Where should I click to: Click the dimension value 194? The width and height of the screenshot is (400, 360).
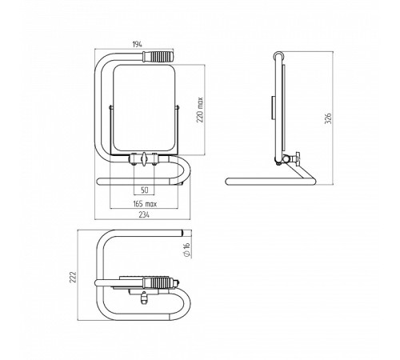pos(138,45)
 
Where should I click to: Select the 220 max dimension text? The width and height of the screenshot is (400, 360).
pos(200,110)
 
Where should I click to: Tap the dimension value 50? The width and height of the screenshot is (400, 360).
pos(144,190)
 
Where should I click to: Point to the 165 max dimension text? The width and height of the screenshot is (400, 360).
pos(145,204)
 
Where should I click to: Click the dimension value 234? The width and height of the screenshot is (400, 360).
pos(144,214)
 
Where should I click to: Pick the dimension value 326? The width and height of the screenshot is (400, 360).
pos(328,118)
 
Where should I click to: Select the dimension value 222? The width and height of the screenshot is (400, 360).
pos(73,277)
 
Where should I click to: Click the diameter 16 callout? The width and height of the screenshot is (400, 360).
pos(187,250)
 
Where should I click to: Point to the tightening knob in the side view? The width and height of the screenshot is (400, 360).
pos(297,159)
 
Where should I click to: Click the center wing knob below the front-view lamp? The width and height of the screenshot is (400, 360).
pos(144,159)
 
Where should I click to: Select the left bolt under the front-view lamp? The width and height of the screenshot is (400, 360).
pos(133,159)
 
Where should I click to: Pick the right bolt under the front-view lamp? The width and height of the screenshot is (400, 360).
pos(154,159)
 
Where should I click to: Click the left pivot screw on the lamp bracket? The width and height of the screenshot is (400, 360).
pos(111,107)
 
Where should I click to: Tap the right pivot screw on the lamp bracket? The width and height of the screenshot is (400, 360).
pos(177,107)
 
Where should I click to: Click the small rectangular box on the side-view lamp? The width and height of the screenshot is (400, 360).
pos(273,108)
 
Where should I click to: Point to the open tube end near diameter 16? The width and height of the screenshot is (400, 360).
pos(182,233)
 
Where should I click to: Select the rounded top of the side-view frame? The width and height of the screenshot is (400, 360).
pos(278,54)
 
